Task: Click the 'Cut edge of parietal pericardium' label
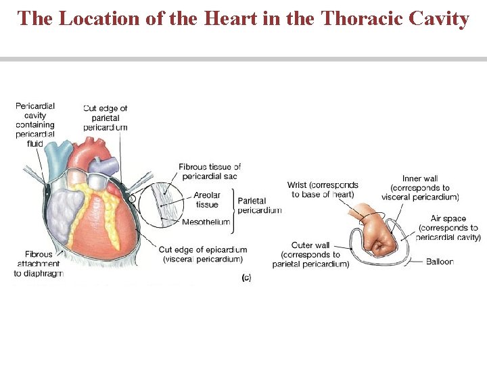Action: coord(105,118)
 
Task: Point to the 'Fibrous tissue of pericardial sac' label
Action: coord(210,171)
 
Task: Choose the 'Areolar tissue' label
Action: coord(206,199)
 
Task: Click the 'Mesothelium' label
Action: coord(206,222)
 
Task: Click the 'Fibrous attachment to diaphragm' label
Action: coord(38,264)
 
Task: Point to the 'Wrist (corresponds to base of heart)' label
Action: coord(323,189)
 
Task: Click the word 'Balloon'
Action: coord(440,262)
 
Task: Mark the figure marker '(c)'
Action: coord(246,277)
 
